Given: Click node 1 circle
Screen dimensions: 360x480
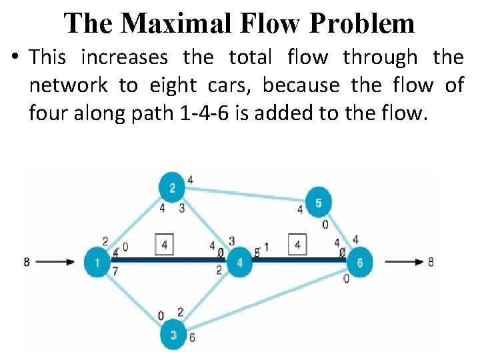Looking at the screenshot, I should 97,262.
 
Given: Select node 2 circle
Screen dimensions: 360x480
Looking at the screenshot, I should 172,188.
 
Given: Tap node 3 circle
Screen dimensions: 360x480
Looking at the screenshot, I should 173,335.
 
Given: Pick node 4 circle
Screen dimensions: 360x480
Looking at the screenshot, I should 239,262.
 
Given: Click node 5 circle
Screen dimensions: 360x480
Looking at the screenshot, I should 319,203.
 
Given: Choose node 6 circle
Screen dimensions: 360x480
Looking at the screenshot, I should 360,262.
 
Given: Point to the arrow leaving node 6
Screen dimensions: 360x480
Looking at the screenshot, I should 403,262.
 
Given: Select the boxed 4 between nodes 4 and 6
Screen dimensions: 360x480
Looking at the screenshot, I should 297,245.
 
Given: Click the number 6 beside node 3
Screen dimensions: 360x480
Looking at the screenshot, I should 192,337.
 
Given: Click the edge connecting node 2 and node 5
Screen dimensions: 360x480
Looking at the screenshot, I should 247,195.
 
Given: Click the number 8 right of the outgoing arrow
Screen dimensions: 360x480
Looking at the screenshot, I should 431,262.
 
